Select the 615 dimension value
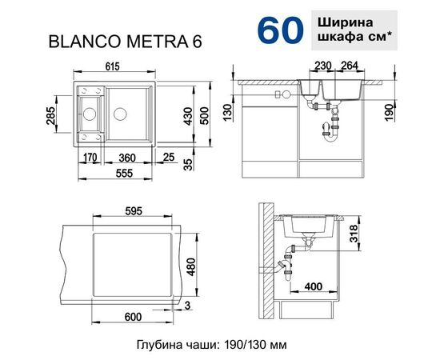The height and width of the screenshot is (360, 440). [x=134, y=69]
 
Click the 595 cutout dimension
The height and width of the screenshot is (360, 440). [x=134, y=211]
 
